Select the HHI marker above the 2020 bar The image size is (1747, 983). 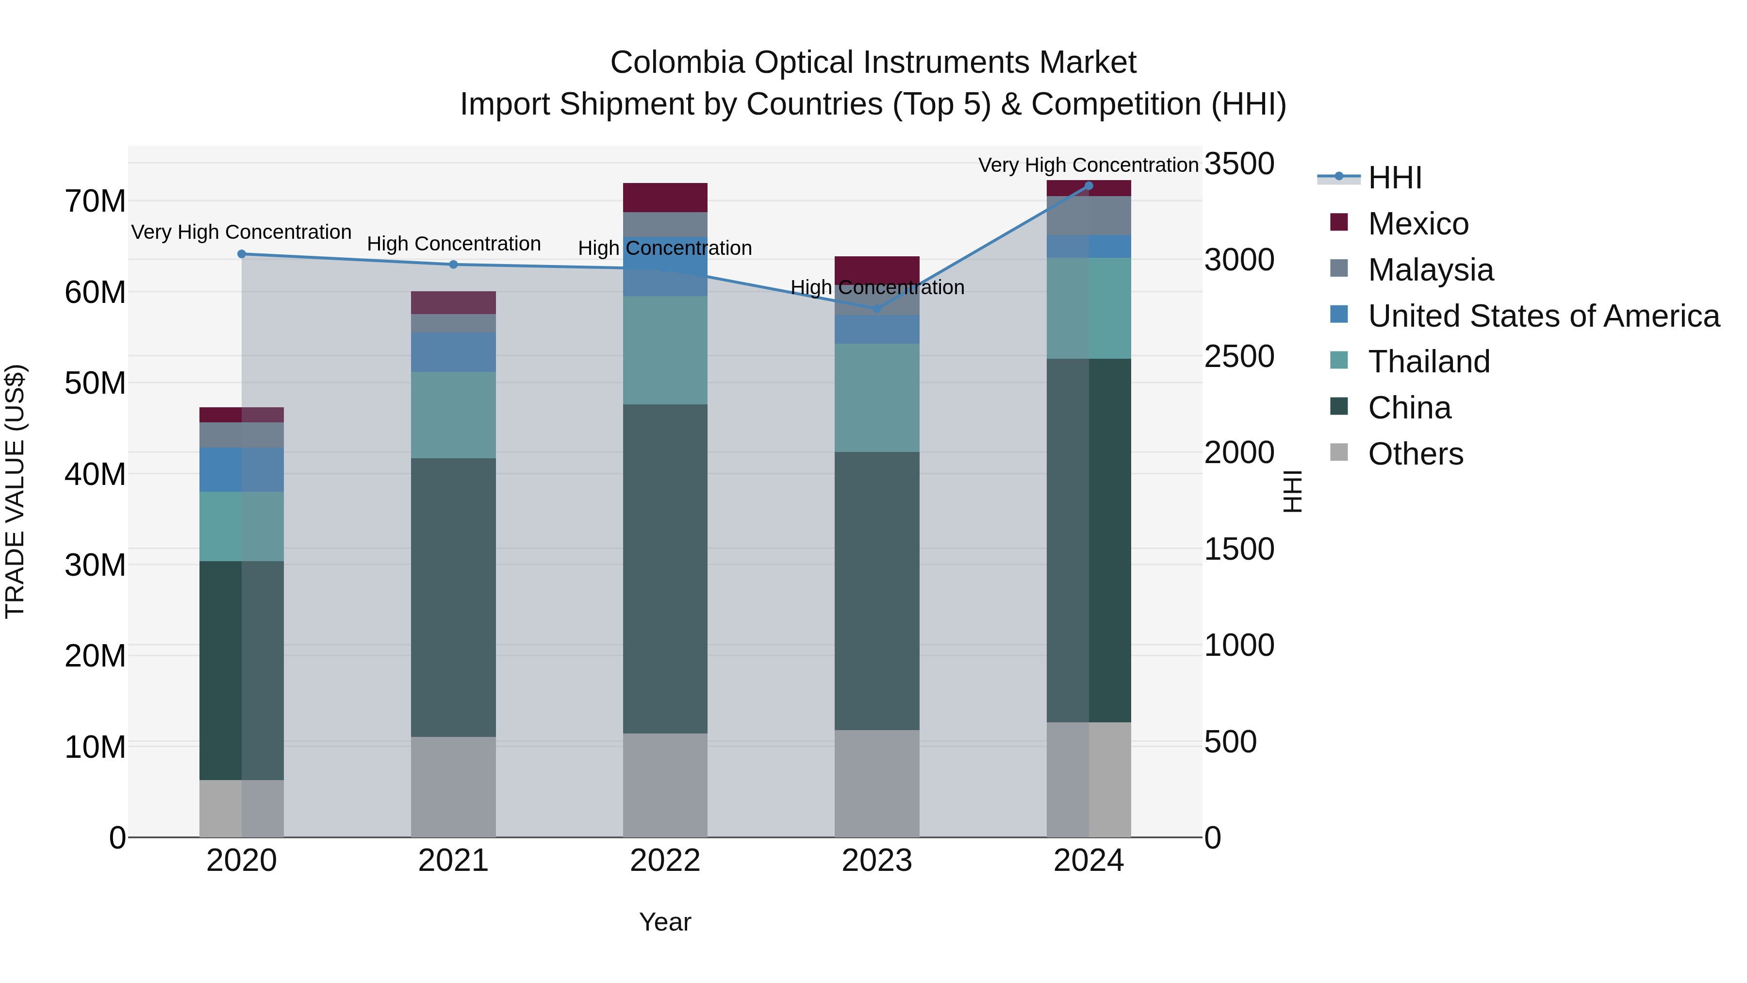[242, 254]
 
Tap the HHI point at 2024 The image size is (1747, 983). [1088, 185]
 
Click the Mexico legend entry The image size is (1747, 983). [1417, 224]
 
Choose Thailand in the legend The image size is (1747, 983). [1428, 362]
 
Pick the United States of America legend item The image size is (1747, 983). [1543, 316]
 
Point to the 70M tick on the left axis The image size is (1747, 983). [95, 201]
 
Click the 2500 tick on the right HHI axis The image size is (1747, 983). [1239, 357]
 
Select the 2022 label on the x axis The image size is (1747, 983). [665, 861]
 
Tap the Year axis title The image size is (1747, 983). [665, 922]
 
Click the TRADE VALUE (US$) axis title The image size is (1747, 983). [15, 491]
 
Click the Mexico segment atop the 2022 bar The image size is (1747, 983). [665, 198]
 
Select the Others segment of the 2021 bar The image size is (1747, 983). [453, 786]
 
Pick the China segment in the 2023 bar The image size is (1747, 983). [877, 590]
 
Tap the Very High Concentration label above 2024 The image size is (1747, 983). [1088, 165]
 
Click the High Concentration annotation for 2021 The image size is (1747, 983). [454, 244]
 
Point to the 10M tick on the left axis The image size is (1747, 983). [95, 747]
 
